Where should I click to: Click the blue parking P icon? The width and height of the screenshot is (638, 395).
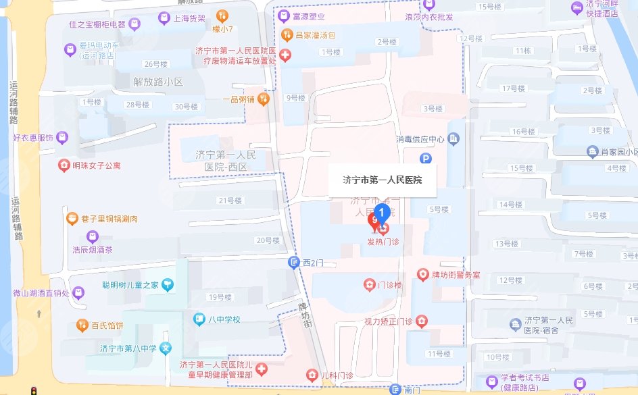click(426, 159)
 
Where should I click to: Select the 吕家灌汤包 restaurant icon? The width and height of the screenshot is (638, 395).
click(286, 34)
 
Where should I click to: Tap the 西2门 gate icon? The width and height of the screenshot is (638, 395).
click(293, 263)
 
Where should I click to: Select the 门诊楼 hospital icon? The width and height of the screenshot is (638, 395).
click(369, 286)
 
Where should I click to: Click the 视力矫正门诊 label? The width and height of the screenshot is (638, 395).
click(388, 321)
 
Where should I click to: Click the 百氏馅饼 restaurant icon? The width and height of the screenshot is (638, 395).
click(82, 325)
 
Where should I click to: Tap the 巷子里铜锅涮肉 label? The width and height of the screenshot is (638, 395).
click(110, 219)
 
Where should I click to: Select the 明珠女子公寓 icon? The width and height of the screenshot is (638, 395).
click(64, 165)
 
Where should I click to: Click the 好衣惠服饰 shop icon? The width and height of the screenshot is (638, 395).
click(62, 138)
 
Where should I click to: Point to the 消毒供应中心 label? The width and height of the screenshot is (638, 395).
click(420, 140)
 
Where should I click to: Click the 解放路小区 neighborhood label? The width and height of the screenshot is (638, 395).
click(159, 82)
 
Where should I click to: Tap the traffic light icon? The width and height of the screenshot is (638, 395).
click(32, 390)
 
